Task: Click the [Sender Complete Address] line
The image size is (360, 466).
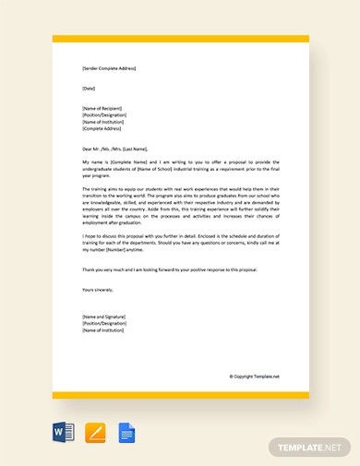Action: coord(109,68)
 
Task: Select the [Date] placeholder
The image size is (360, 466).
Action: coord(89,88)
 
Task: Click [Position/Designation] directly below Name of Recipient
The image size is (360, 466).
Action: coord(105,114)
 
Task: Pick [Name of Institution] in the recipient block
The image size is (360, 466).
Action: coord(104,122)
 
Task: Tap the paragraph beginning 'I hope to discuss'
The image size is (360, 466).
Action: coord(180,243)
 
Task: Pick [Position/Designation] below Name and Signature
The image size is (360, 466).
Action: coord(105,323)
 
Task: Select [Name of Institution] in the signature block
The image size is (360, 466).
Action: coord(104,330)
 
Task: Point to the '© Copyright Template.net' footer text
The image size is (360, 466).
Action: coord(254,376)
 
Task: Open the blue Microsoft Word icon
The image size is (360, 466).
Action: coord(64,432)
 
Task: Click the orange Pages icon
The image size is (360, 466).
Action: coord(95,432)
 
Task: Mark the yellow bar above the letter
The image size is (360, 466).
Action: coord(180,39)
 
